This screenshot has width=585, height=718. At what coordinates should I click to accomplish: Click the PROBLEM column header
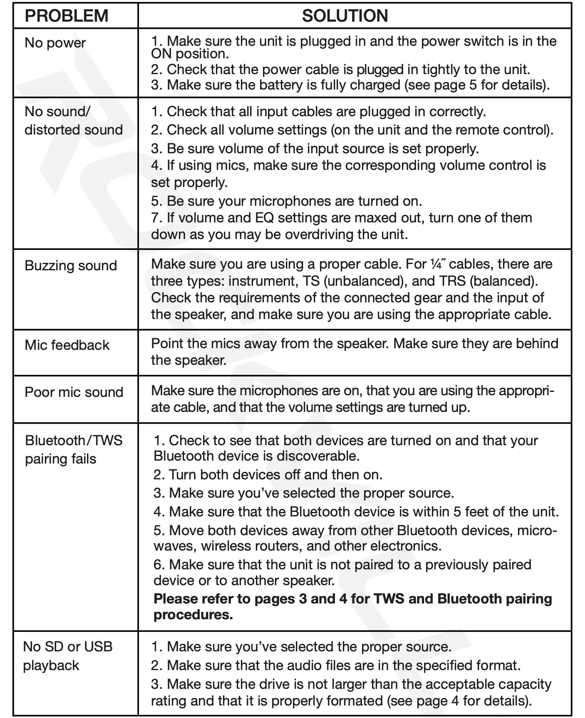[67, 16]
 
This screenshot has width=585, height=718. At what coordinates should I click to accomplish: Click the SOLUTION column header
[345, 16]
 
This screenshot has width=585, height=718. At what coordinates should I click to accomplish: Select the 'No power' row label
[55, 43]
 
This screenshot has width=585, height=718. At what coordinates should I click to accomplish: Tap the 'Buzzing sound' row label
[71, 266]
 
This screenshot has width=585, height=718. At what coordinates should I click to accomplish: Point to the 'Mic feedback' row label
[67, 345]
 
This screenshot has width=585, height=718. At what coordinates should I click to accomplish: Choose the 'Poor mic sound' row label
[74, 392]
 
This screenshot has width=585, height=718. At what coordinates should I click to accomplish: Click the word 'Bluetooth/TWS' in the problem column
[74, 440]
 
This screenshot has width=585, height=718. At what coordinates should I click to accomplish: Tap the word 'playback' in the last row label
[51, 665]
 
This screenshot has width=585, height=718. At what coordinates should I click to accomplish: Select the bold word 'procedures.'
[193, 615]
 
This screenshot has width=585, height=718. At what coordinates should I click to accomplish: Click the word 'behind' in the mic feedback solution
[537, 344]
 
